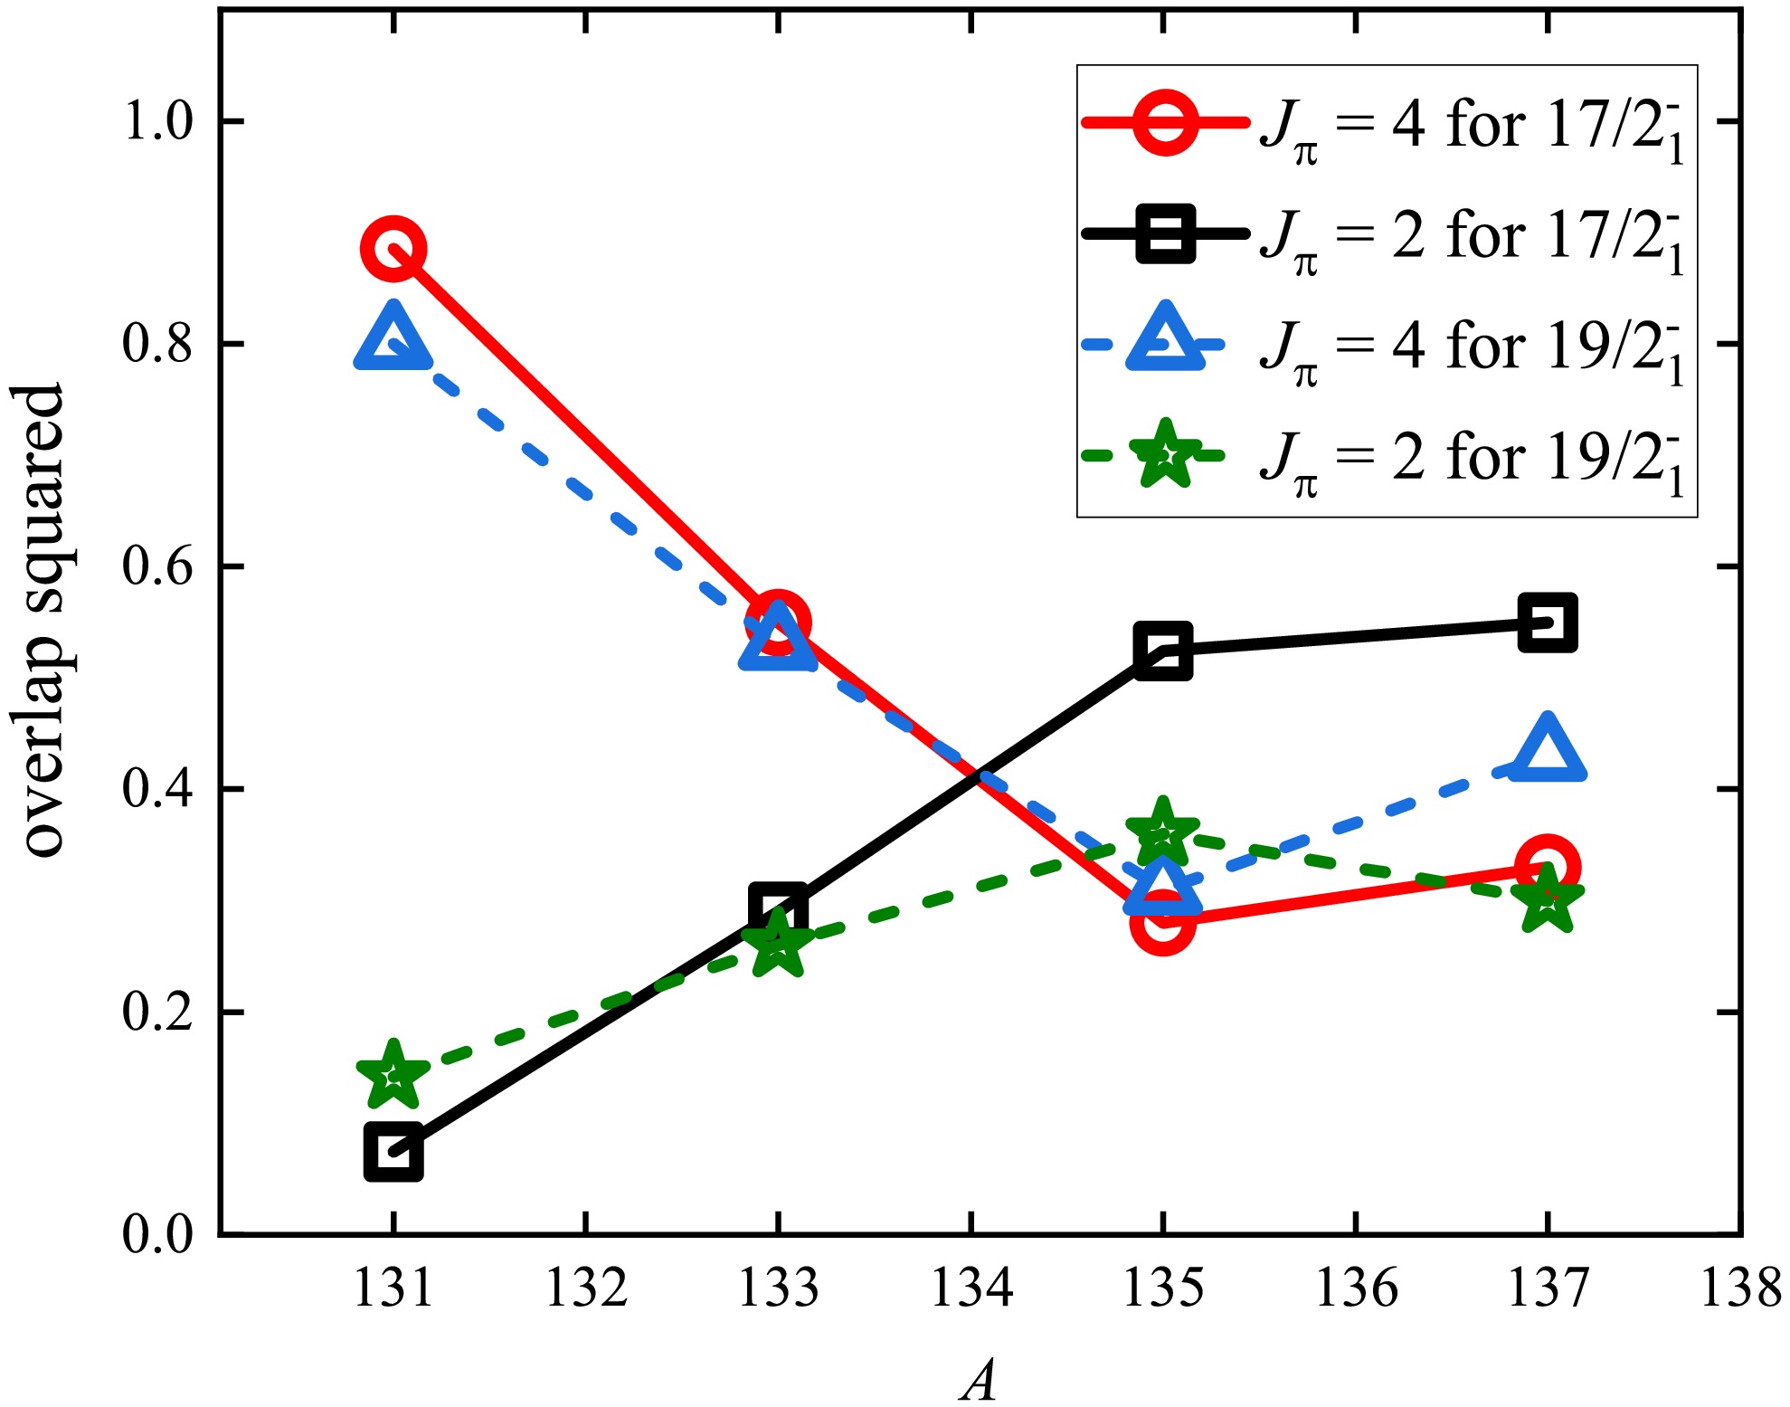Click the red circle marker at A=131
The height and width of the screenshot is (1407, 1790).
[x=393, y=249]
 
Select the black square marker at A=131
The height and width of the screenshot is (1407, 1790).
[x=393, y=1153]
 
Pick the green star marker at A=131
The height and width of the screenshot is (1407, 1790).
[x=393, y=1075]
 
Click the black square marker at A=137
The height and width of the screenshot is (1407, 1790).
[x=1548, y=623]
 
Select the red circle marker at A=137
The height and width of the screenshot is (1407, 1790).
[x=1548, y=867]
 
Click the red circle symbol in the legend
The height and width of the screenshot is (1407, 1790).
[x=1166, y=122]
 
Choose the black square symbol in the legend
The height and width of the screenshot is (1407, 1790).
[x=1166, y=233]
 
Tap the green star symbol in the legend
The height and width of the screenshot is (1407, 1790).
[x=1166, y=455]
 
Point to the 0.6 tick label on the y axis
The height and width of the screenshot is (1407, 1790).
[x=157, y=567]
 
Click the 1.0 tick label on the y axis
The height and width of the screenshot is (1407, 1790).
[x=157, y=121]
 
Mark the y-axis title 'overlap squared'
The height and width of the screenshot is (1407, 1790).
[x=43, y=621]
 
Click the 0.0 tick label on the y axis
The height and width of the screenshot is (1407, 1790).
[x=157, y=1234]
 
